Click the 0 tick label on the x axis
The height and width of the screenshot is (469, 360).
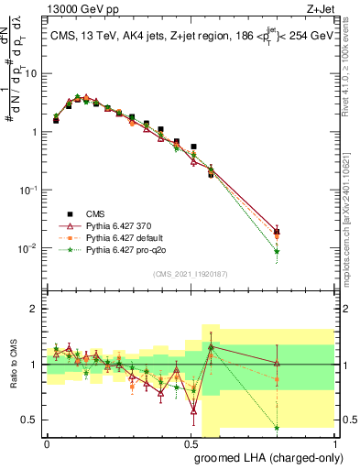(47, 442)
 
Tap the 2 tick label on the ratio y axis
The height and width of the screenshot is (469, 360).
(35, 309)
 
